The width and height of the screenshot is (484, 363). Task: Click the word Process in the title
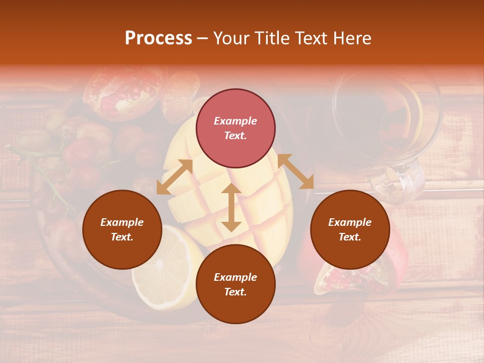point(158,38)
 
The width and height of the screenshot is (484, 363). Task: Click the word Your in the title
point(229,38)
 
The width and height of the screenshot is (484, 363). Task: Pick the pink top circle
point(235,128)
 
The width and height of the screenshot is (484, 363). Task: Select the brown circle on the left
point(122,229)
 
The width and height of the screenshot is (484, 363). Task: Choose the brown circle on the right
point(350,229)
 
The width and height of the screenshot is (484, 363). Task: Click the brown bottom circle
point(235,284)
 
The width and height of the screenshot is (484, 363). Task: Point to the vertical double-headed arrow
point(231,207)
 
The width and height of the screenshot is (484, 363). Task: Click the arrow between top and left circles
point(174,177)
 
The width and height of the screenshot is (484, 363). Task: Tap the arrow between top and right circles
point(295,171)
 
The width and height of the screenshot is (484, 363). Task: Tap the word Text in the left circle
point(122,237)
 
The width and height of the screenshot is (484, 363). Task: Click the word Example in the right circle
point(350,222)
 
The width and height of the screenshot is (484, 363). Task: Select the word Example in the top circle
point(235,121)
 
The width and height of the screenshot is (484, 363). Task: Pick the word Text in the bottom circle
point(235,292)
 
